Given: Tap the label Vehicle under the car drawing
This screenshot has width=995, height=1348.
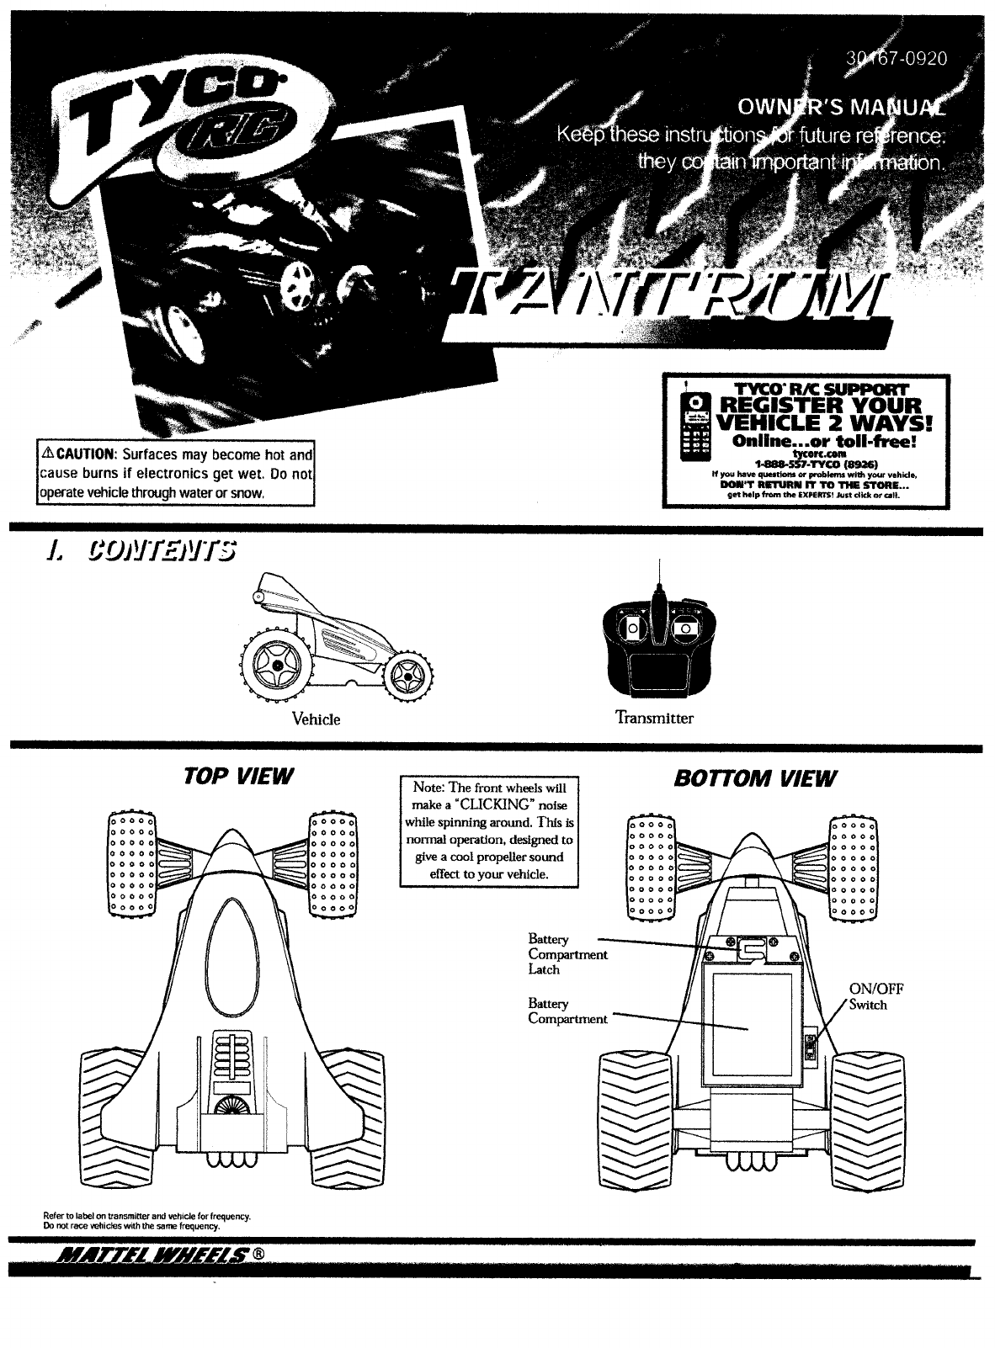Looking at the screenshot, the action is click(316, 719).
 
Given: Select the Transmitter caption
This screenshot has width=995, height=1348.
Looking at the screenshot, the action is click(654, 718).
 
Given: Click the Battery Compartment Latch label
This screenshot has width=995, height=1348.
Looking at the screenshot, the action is click(567, 953).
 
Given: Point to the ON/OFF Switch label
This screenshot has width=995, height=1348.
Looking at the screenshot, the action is click(876, 996).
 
